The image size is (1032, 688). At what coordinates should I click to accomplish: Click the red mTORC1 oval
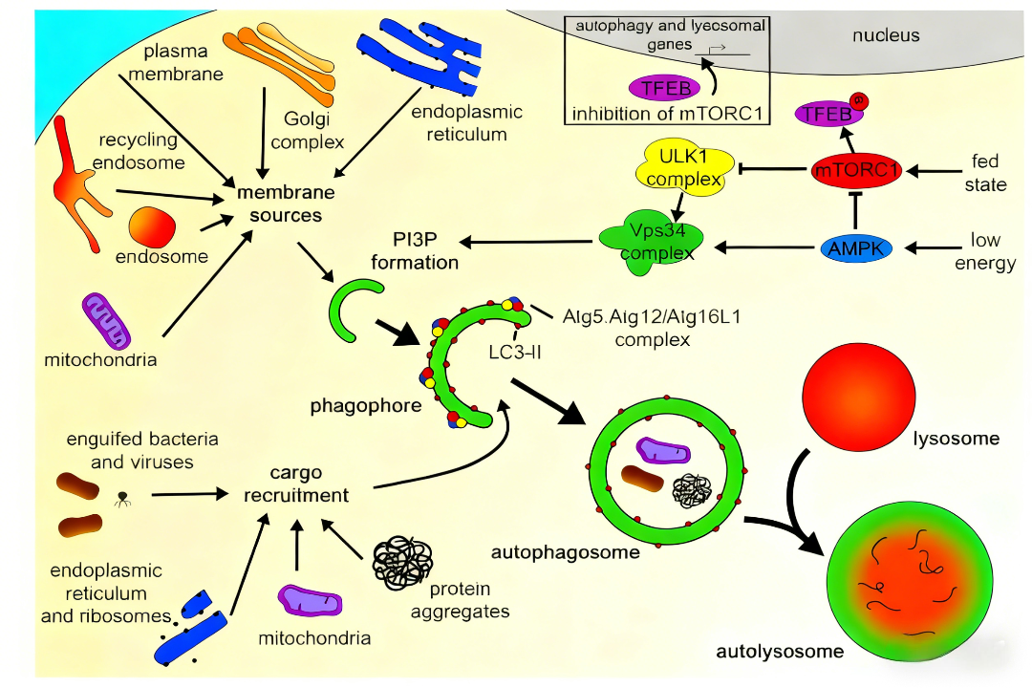(x=857, y=171)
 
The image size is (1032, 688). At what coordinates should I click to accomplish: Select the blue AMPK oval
(x=857, y=248)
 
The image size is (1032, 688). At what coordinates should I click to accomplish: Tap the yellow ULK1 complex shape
(x=678, y=168)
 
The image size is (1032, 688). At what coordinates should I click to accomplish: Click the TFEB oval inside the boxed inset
(x=663, y=87)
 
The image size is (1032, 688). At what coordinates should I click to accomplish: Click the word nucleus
(x=885, y=35)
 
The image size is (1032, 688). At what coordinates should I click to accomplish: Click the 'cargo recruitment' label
(x=295, y=484)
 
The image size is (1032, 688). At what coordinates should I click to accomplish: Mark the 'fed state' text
(x=984, y=172)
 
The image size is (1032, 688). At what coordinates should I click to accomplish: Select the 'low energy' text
(x=984, y=251)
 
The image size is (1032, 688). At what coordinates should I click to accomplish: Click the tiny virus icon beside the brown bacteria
(x=122, y=497)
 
